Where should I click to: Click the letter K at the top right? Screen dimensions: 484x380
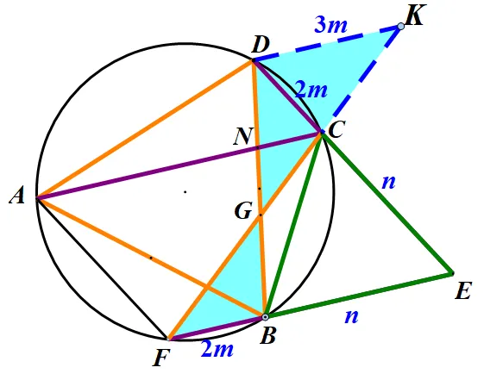(417, 16)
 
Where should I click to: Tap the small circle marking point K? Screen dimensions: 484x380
(400, 27)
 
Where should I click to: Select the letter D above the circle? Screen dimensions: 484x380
(261, 46)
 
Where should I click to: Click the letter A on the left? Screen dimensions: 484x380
(17, 196)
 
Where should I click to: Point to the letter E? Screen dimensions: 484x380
(463, 290)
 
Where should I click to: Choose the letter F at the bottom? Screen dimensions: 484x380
(161, 358)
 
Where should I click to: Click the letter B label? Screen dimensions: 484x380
(267, 335)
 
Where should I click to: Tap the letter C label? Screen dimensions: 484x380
(336, 129)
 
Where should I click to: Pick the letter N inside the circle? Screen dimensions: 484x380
(243, 136)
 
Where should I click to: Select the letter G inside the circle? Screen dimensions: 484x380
(243, 211)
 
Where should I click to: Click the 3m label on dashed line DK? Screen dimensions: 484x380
(330, 24)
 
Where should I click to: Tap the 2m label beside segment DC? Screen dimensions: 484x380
(311, 90)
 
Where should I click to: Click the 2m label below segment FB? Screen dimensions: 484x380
(217, 349)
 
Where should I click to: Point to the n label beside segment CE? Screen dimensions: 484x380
(388, 183)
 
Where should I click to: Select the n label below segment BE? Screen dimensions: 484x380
(352, 316)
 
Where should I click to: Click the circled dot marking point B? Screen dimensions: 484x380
(265, 316)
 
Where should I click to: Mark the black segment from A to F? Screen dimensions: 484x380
(102, 268)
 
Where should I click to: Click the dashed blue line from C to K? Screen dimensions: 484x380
(361, 79)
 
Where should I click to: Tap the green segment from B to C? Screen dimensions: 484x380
(293, 224)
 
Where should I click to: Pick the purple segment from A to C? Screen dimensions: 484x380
(179, 165)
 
